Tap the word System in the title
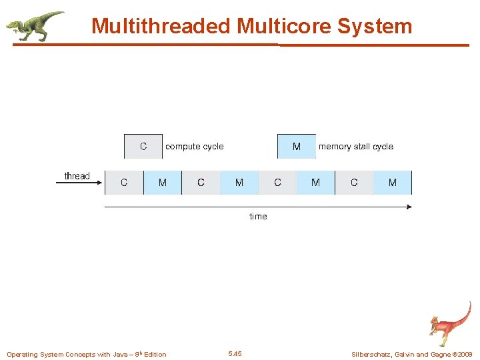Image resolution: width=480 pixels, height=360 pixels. [375, 26]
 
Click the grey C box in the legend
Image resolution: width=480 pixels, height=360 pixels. [143, 147]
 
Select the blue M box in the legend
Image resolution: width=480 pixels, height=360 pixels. [297, 147]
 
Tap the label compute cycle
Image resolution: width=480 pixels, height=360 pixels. [195, 147]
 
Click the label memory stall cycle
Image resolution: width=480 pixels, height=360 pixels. [356, 147]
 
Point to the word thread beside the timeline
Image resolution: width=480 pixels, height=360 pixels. [77, 176]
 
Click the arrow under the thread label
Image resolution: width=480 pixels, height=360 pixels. [79, 183]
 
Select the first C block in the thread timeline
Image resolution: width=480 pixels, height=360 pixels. [124, 183]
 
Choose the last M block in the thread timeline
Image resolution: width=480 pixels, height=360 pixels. [392, 183]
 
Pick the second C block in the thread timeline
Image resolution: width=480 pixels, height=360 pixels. [201, 183]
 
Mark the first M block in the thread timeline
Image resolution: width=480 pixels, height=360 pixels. [163, 183]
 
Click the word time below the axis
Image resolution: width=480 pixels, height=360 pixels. [258, 217]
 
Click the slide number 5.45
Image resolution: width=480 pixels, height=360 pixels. [235, 353]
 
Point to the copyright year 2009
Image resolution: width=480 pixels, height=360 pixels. [464, 354]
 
